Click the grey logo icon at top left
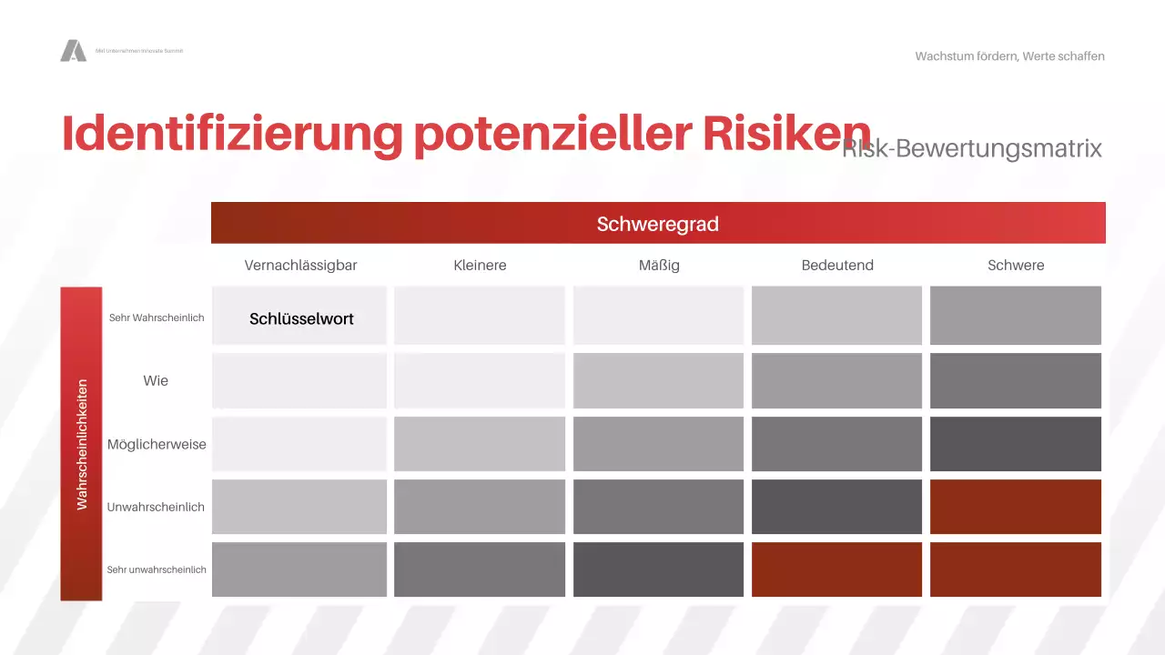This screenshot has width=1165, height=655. point(73,51)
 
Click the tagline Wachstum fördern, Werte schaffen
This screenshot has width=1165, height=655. point(1009,56)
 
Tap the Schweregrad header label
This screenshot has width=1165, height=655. point(657,224)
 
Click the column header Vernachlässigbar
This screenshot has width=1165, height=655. point(300,266)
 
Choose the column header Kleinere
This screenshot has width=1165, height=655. point(480,266)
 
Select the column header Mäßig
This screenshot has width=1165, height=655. point(659,266)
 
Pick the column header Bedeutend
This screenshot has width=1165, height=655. point(837,266)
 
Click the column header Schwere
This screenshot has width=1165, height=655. point(1016,266)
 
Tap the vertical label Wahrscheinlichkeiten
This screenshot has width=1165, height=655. point(82,444)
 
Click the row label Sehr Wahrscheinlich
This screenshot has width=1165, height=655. point(157,317)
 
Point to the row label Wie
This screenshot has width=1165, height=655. point(156,380)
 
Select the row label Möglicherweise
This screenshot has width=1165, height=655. point(157,445)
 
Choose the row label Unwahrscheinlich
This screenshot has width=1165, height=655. point(156,507)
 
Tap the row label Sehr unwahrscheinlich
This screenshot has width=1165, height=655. point(157,569)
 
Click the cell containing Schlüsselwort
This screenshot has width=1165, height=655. point(300,317)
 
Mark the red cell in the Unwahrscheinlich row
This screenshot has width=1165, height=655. point(1016,507)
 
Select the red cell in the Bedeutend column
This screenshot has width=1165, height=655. point(837,569)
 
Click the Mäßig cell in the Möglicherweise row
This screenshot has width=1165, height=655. point(659,444)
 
